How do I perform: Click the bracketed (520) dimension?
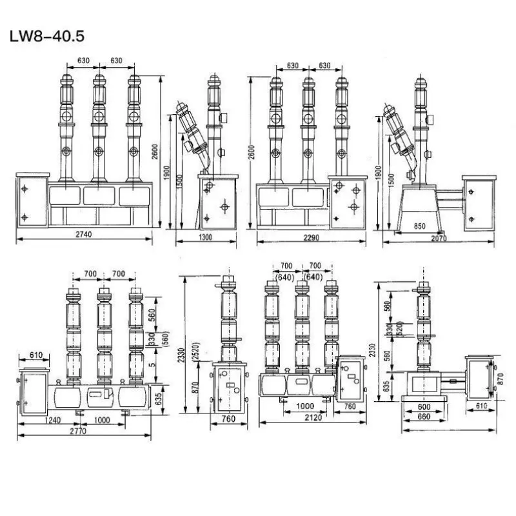tap(401, 328)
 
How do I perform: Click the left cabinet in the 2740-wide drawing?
tap(31, 201)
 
